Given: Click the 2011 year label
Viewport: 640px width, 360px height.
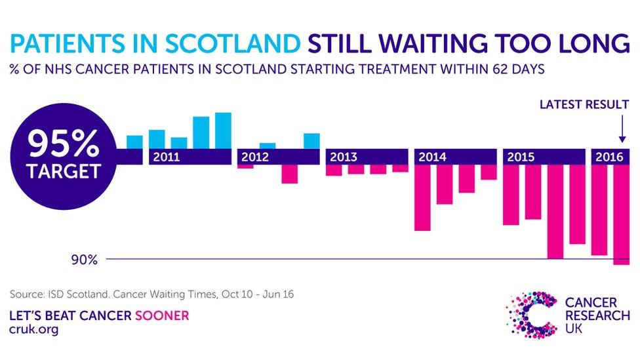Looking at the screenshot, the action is coord(166,157).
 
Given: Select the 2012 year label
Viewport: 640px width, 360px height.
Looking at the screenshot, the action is coord(255,157).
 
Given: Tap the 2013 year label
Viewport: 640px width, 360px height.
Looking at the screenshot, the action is coord(344,157).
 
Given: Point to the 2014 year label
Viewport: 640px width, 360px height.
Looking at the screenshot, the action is coord(432,157).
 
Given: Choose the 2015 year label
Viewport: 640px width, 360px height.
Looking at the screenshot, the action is coord(521,157).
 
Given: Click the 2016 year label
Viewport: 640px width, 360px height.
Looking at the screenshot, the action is coord(609,157).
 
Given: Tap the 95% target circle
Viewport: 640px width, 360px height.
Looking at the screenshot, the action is coord(63,156).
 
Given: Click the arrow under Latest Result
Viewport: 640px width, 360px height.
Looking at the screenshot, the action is coord(622,129).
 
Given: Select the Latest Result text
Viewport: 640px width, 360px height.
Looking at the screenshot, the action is coord(584,104).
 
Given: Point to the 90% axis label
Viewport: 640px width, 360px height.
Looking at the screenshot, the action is coord(85,260).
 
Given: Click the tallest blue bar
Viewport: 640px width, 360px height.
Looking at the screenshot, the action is coord(223,130).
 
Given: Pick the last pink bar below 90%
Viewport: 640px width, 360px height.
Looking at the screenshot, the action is coord(622,214).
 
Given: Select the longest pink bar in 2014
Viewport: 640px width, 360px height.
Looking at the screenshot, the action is coord(422,197).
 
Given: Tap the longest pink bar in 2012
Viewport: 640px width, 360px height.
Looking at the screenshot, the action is coord(290,174).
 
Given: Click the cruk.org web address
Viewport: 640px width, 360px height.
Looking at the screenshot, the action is coord(34,329).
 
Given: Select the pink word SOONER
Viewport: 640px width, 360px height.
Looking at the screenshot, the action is coord(162,315).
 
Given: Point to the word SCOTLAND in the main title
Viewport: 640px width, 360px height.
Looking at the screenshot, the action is coord(233,43).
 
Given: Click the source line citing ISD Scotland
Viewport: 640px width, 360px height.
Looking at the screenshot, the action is coord(152,294).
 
